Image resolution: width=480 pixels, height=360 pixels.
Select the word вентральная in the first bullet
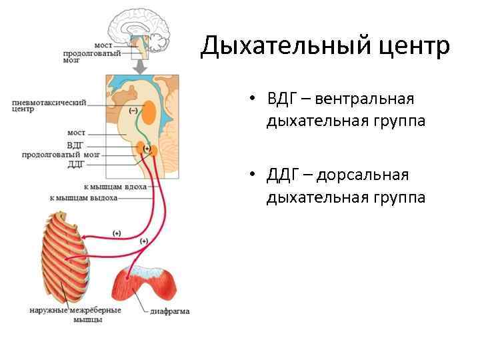click(x=365, y=99)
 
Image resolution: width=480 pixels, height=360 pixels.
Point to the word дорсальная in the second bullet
click(x=362, y=175)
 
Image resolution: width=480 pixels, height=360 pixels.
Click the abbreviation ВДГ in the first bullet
click(x=279, y=99)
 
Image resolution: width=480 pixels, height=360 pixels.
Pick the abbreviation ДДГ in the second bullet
click(x=279, y=175)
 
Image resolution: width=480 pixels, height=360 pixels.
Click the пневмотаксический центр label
click(x=49, y=106)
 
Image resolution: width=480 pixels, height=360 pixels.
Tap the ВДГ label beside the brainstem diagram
click(x=75, y=144)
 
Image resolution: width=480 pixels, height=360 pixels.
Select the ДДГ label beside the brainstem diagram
click(x=75, y=163)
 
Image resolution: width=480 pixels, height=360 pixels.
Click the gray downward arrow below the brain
click(x=140, y=67)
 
